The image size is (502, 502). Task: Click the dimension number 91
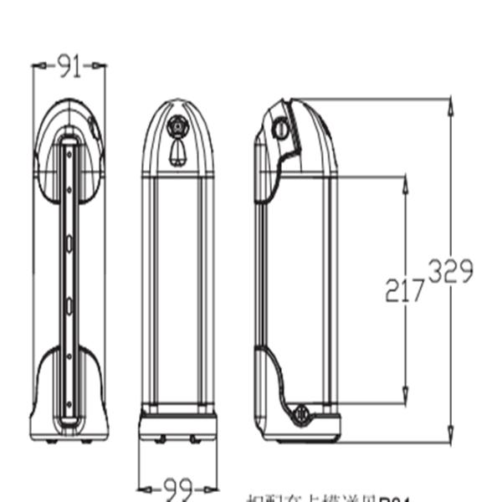click(x=69, y=65)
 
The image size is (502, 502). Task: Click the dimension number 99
click(x=177, y=486)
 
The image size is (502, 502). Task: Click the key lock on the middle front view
click(x=177, y=127)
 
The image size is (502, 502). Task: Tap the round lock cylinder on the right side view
click(x=281, y=129)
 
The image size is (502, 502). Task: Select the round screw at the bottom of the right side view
click(x=303, y=412)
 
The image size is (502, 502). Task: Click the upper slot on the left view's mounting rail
click(x=69, y=243)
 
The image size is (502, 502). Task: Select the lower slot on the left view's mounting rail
click(x=69, y=305)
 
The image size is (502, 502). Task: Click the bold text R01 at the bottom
click(x=394, y=499)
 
